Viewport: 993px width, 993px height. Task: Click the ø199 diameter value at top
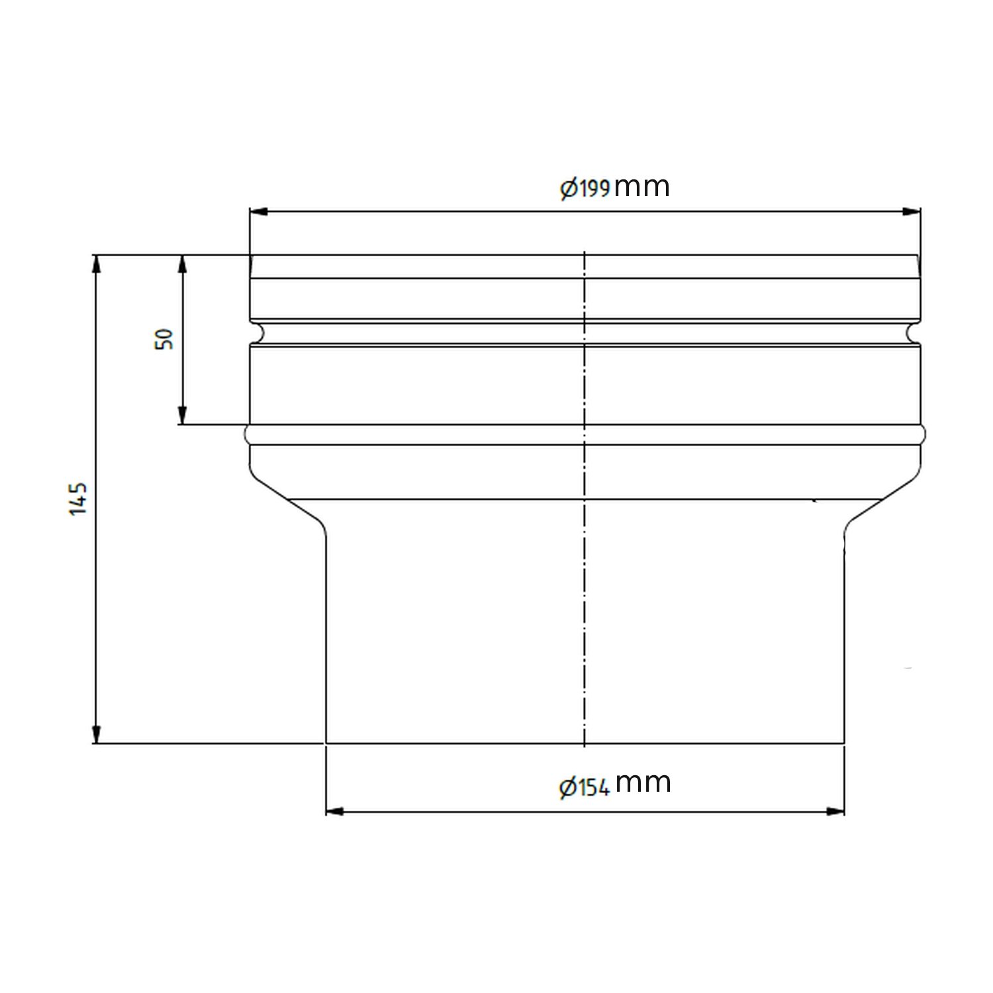click(x=585, y=189)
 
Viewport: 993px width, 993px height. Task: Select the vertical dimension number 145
click(x=78, y=499)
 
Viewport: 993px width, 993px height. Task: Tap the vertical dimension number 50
click(x=165, y=338)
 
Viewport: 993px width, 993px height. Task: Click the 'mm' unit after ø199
click(x=641, y=187)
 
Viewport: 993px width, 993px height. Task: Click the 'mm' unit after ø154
click(x=643, y=784)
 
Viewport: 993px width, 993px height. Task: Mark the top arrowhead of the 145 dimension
click(x=97, y=263)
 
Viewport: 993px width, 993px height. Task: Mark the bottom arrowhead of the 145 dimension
click(x=97, y=734)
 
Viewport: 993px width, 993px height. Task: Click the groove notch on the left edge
click(x=256, y=333)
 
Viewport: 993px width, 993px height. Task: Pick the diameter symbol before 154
click(x=567, y=788)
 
